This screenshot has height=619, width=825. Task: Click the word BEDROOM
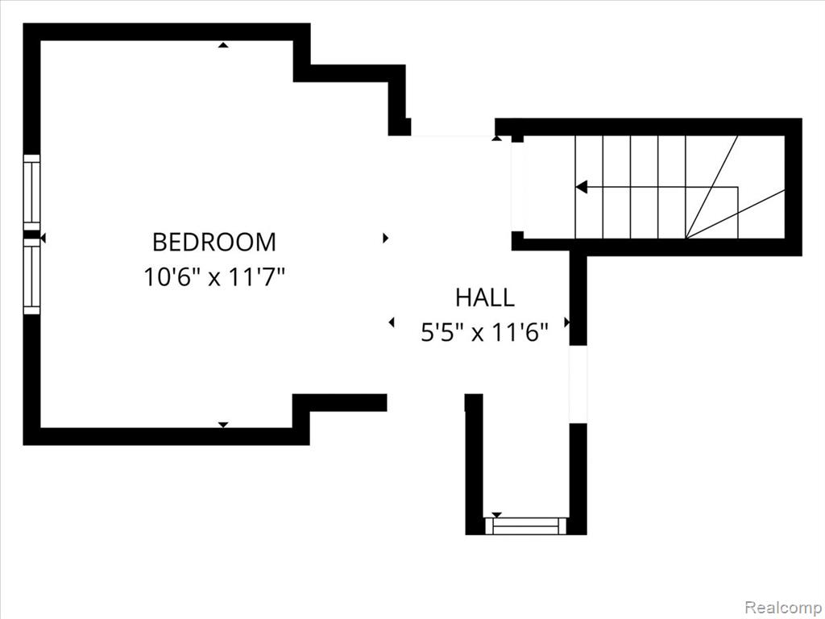214,242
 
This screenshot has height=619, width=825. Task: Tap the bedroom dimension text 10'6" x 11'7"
214,277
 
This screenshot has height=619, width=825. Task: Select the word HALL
484,297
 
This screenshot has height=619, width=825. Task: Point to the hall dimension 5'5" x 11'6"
484,332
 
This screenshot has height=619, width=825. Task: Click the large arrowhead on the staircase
582,187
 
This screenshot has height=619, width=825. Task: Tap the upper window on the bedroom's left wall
31,192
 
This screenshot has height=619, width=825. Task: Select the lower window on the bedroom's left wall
31,277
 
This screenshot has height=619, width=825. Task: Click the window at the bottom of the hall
525,526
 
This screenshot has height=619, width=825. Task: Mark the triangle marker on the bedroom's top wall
224,45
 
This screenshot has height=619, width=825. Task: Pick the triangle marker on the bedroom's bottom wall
223,424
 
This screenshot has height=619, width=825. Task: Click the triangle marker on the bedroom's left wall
44,239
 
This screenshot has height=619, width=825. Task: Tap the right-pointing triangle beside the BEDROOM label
385,238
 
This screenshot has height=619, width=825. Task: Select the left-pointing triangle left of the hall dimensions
392,322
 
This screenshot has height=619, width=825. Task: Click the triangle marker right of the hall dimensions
567,322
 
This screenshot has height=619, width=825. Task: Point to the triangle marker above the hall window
496,514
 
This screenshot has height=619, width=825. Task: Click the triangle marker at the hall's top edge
496,139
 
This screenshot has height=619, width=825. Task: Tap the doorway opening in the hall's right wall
578,384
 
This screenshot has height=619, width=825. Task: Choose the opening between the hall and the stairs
518,187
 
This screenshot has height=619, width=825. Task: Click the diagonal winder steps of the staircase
735,187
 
